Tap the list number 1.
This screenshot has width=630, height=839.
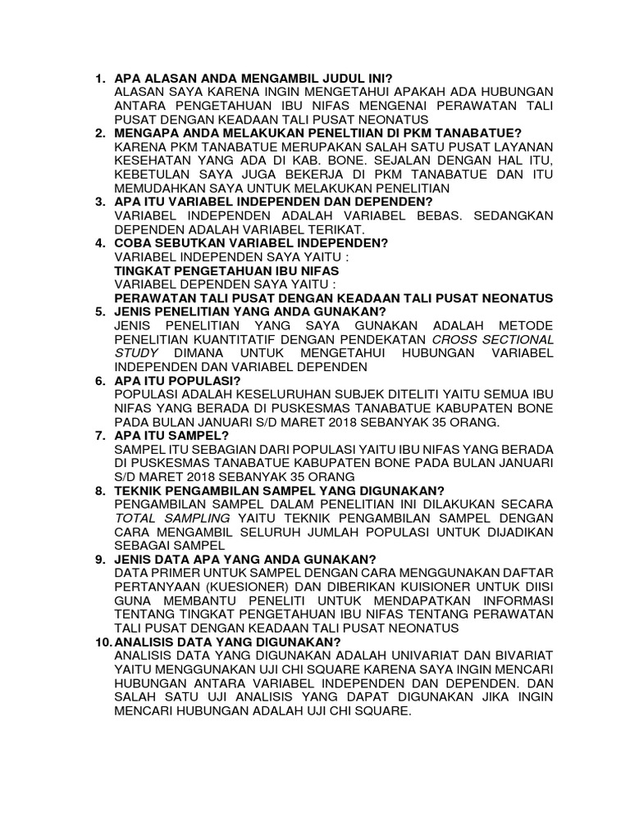99,79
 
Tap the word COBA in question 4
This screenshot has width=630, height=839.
135,243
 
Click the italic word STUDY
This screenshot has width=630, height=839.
137,352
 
